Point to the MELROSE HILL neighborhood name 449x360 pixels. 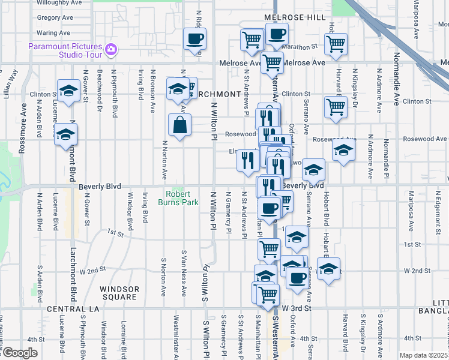(x=294, y=18)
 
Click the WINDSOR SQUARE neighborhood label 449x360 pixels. (x=119, y=293)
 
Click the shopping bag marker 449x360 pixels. (x=180, y=125)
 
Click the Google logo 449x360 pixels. (x=19, y=353)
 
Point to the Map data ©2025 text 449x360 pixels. (x=423, y=355)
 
